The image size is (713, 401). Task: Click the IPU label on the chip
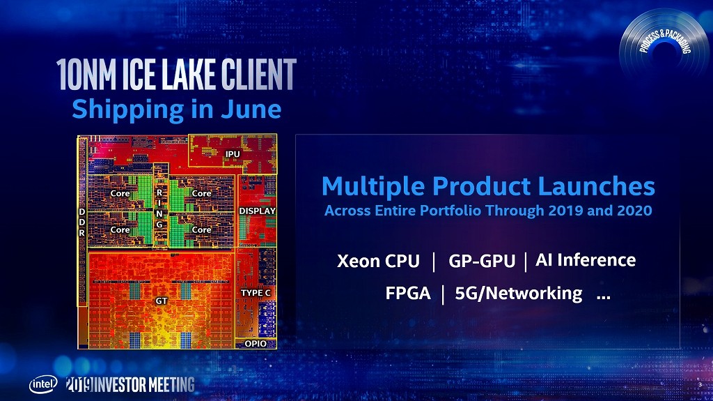click(x=233, y=154)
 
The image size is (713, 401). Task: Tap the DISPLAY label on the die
click(x=258, y=211)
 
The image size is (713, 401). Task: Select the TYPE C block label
click(x=256, y=293)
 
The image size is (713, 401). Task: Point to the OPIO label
click(x=256, y=344)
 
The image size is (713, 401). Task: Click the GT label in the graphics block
click(x=162, y=301)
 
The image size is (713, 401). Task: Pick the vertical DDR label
click(x=82, y=222)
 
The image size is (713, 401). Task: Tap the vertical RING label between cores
click(x=159, y=209)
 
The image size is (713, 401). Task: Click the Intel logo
click(x=44, y=384)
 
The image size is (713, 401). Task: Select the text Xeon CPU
click(x=378, y=261)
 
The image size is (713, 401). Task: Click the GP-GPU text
click(x=482, y=261)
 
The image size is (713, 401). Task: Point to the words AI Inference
click(x=586, y=259)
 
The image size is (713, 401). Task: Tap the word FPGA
click(x=408, y=293)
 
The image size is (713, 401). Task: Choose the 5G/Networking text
click(x=518, y=294)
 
